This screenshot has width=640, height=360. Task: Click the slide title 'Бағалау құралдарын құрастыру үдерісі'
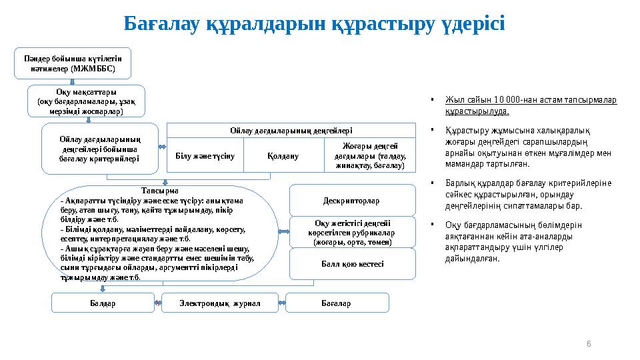pos(314,24)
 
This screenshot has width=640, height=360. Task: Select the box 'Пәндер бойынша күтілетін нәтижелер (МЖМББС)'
pos(73,63)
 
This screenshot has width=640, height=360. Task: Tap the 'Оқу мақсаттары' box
pos(86,101)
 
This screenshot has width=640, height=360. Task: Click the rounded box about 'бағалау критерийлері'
pos(99,148)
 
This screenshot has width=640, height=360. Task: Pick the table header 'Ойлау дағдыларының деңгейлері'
pos(291,131)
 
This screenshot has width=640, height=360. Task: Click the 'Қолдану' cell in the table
pos(283,155)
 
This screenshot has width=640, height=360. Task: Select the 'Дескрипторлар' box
pos(352,200)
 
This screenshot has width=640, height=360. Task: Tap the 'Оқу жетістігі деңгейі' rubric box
pos(352,233)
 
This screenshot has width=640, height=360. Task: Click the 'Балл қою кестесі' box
pos(352,264)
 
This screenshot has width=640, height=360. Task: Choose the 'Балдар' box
pos(103,303)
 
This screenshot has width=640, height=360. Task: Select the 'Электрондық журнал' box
pos(219,303)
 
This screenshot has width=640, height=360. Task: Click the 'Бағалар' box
pos(337,303)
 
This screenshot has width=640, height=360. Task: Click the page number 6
pos(588,343)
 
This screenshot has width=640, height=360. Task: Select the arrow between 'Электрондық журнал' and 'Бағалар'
pos(281,303)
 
